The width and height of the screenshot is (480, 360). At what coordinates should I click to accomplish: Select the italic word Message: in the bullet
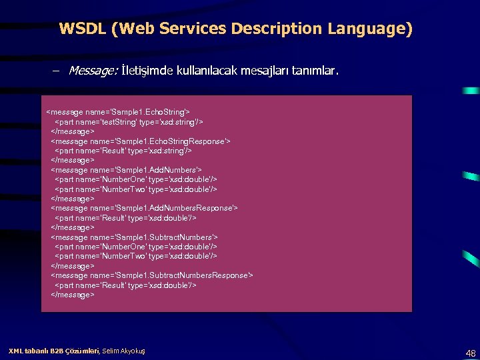tap(93, 70)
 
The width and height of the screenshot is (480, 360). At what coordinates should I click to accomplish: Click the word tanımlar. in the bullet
tap(316, 70)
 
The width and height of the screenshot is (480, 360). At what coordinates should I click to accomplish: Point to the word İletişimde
tap(147, 70)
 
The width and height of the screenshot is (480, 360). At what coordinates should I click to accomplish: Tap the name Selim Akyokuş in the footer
tap(124, 351)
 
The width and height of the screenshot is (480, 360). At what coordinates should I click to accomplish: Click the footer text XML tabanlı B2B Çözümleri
tap(53, 351)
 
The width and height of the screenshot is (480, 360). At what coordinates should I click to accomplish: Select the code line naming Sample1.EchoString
tap(118, 113)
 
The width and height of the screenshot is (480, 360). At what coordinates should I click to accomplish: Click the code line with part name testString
tap(129, 122)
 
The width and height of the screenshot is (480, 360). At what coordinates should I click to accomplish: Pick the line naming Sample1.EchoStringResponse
tap(141, 141)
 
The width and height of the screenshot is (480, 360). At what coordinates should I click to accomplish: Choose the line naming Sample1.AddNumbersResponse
tap(144, 208)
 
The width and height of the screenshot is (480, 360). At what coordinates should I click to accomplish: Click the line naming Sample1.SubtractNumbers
tap(134, 237)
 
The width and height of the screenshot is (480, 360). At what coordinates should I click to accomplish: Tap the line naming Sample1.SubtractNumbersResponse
tap(151, 275)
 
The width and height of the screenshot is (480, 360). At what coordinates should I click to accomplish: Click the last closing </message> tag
tap(73, 294)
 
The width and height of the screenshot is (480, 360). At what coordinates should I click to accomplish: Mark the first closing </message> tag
tap(73, 131)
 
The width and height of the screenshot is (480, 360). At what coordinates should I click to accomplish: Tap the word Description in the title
tap(273, 29)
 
